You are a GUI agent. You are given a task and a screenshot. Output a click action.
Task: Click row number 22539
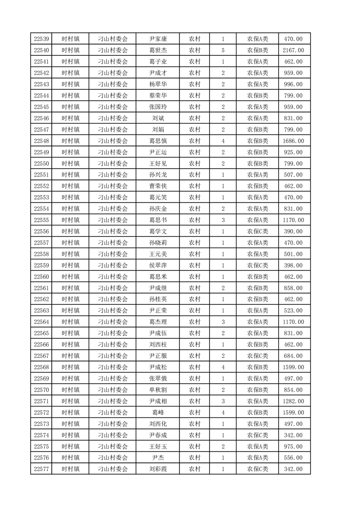click(41, 39)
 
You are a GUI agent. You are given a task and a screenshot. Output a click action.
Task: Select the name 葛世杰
click(158, 50)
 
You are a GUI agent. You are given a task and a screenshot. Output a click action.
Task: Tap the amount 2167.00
click(293, 50)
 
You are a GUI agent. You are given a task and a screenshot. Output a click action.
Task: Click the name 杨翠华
click(158, 84)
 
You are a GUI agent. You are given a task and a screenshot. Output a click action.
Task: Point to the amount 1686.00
click(293, 141)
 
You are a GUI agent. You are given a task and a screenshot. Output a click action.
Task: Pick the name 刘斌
click(158, 118)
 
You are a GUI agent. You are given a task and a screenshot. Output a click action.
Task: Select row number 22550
click(41, 164)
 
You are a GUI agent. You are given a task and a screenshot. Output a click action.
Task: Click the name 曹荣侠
click(158, 186)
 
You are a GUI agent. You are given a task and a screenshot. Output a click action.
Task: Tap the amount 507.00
click(293, 175)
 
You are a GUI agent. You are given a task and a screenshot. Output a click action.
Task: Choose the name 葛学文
click(158, 231)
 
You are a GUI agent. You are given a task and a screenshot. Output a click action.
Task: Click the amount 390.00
click(293, 231)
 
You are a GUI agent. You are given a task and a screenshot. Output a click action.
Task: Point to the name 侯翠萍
click(158, 265)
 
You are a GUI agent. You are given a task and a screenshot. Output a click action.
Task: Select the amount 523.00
click(293, 311)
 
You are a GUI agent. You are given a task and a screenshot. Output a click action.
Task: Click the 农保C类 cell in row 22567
click(257, 356)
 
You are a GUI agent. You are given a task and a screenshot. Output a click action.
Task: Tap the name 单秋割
click(158, 390)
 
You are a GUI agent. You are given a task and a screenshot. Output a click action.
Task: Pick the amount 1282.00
click(293, 401)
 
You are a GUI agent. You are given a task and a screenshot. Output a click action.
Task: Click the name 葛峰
click(158, 413)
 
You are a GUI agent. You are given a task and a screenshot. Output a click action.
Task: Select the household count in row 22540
click(223, 50)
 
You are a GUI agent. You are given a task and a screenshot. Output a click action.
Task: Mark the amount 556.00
click(293, 458)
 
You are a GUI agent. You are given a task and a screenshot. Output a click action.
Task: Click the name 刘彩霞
click(158, 470)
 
